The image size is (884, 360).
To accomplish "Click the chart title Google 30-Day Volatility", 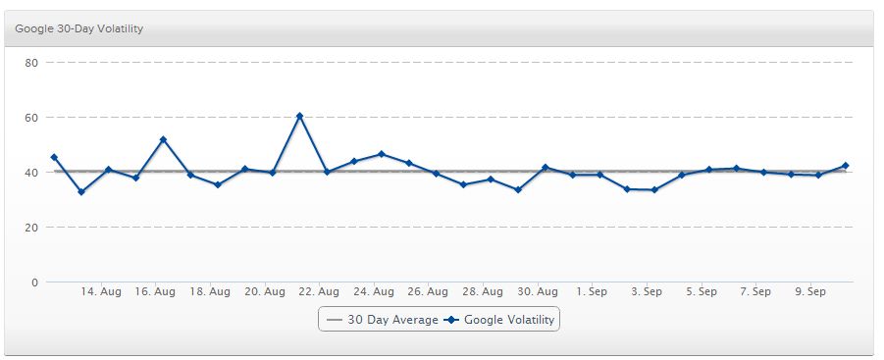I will click(x=79, y=28).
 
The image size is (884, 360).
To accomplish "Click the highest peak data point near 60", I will click(x=299, y=116).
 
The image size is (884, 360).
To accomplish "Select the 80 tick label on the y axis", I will click(x=30, y=63).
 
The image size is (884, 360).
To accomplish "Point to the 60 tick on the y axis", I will click(x=30, y=118).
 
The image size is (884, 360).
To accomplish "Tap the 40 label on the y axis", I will click(x=30, y=173).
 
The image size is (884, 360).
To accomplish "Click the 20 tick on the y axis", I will click(x=30, y=228).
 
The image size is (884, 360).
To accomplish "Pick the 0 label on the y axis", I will click(x=33, y=283).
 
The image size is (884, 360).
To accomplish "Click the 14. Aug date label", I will click(x=101, y=292).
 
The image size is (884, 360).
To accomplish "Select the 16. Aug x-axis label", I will click(x=155, y=292).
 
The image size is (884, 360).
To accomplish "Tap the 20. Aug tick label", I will click(x=264, y=292).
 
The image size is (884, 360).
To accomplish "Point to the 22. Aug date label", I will click(x=319, y=292).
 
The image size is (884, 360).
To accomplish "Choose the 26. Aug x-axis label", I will click(x=428, y=292).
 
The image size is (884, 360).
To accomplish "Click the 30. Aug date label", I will click(x=537, y=292).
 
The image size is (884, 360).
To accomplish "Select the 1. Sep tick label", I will click(x=593, y=292).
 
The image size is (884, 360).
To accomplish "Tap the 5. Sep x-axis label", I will click(x=702, y=292).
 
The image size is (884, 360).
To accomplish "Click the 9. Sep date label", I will click(x=810, y=292).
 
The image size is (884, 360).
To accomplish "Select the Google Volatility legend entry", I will click(x=500, y=320).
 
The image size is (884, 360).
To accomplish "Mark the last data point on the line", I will click(x=845, y=166).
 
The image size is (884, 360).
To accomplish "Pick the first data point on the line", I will click(x=54, y=157).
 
